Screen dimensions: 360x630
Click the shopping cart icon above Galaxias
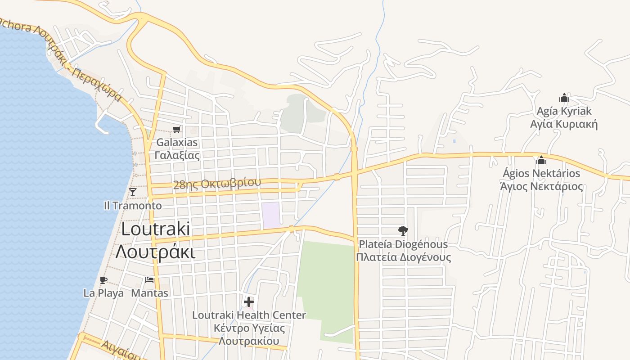177,130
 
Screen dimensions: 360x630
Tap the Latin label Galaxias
177,143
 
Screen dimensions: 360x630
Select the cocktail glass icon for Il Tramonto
132,192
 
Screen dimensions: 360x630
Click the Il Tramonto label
133,206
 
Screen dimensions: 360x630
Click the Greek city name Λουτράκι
155,252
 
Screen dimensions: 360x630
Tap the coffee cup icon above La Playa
103,280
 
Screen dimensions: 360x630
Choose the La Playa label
103,293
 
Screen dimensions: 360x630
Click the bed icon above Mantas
149,280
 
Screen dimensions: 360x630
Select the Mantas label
149,293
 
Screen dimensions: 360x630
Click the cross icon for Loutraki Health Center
249,301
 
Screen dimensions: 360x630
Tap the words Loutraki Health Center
249,315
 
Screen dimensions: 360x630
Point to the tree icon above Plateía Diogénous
403,231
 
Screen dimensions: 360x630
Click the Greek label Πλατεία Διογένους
403,257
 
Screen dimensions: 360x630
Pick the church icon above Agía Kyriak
564,98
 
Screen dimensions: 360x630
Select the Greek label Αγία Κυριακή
564,124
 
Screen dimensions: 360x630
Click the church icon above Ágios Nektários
541,160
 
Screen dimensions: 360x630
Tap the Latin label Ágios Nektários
541,173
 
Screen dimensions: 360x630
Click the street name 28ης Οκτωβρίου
217,184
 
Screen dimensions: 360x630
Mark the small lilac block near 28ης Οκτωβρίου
271,215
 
